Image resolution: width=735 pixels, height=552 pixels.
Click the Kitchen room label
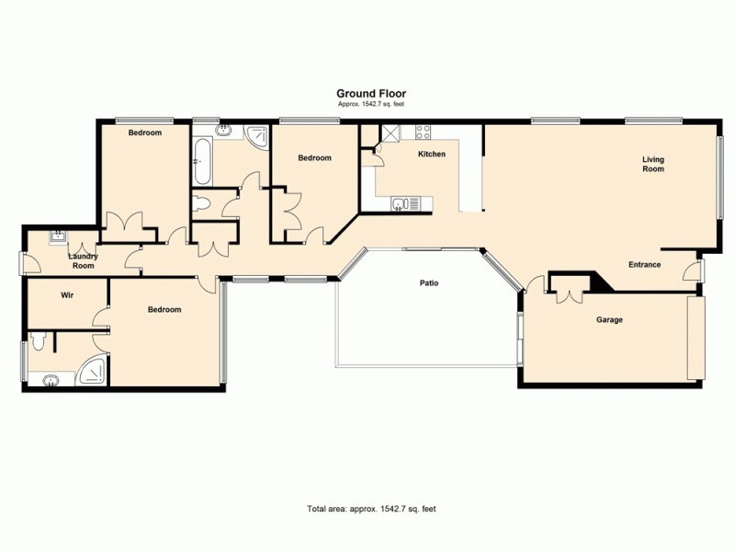(x=432, y=154)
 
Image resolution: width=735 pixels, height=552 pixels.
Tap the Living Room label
(x=652, y=165)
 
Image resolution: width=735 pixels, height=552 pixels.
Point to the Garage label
(x=610, y=320)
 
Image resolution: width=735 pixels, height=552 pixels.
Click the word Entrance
(x=644, y=265)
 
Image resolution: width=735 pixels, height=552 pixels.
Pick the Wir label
(x=66, y=295)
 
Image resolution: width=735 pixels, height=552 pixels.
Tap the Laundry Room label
(x=84, y=260)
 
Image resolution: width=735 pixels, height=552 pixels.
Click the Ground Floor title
(x=370, y=93)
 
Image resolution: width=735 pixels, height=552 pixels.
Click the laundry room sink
(x=57, y=236)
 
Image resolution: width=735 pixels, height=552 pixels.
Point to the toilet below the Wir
(x=38, y=342)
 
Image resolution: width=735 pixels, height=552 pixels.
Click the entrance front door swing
(x=692, y=270)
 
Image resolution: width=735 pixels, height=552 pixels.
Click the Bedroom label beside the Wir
(x=164, y=310)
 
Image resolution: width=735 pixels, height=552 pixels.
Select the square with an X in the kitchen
(x=390, y=132)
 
